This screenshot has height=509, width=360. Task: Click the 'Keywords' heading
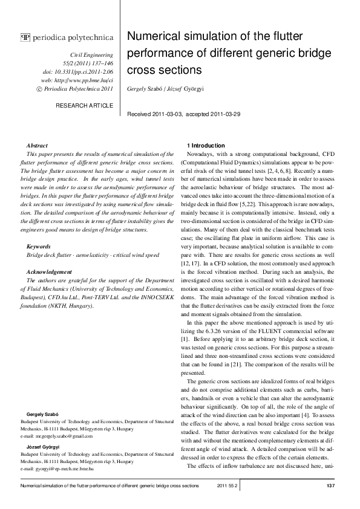click(x=40, y=247)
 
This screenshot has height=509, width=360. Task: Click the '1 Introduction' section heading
click(x=206, y=146)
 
